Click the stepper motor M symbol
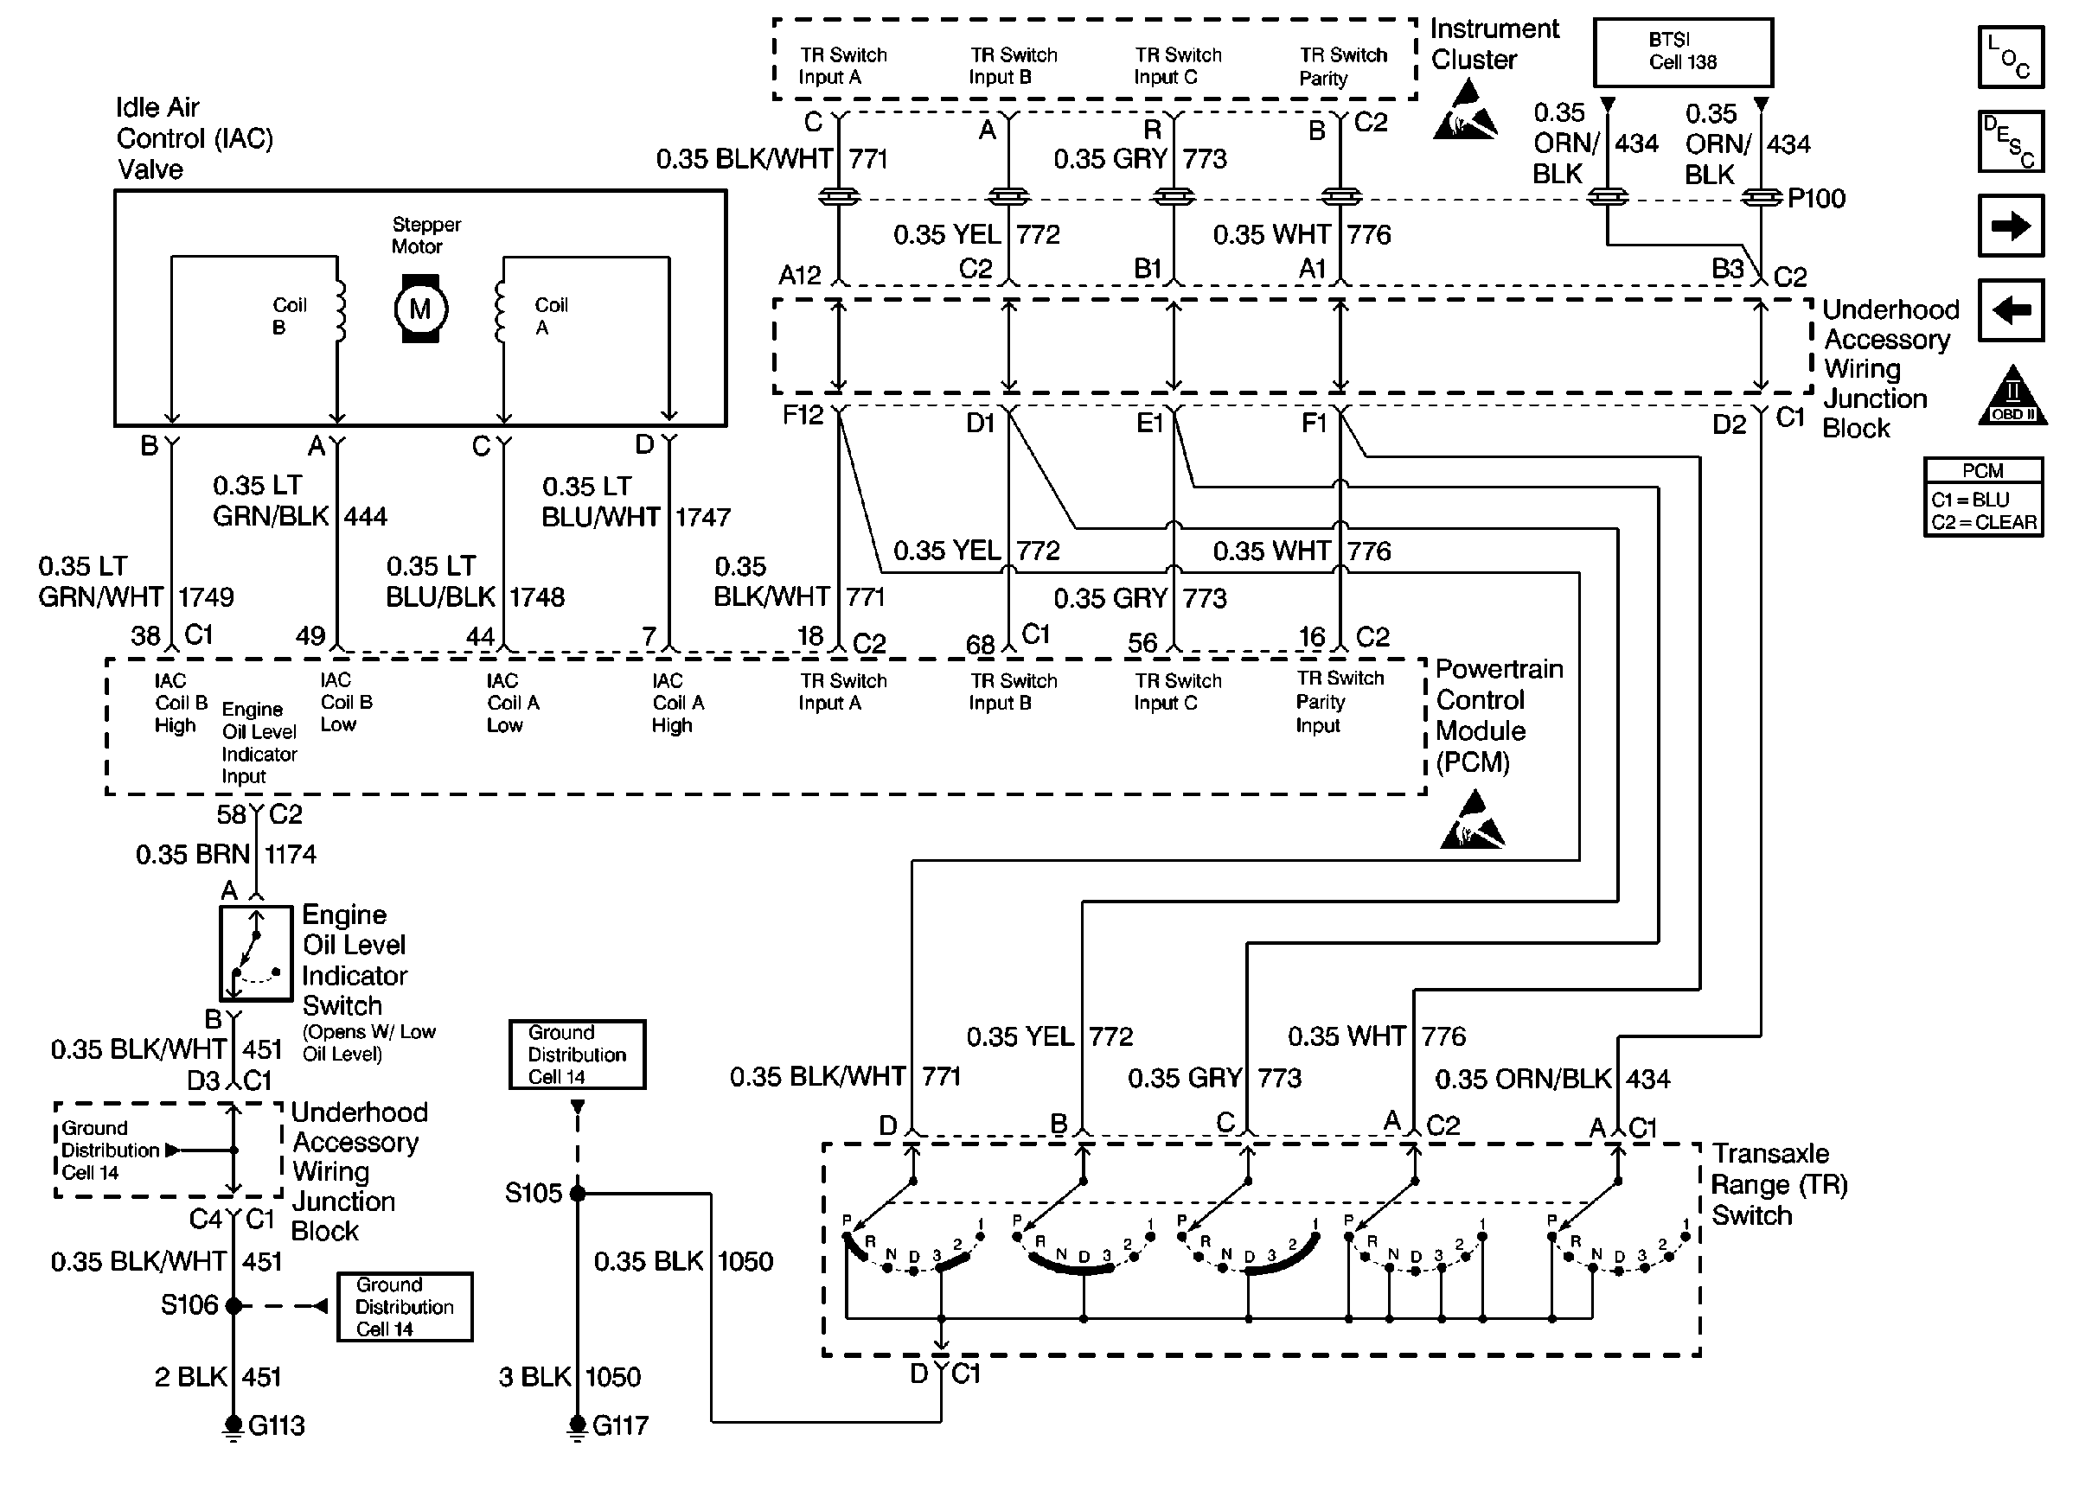click(x=419, y=309)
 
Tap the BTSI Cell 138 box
click(x=1682, y=52)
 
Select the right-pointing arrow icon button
click(x=2010, y=225)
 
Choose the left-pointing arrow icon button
click(x=2010, y=310)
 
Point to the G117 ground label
click(x=620, y=1424)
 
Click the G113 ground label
click(x=276, y=1424)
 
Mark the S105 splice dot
click(x=577, y=1194)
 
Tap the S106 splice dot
click(x=233, y=1306)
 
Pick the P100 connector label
click(x=1815, y=199)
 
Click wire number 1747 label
click(x=702, y=518)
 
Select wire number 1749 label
click(x=206, y=597)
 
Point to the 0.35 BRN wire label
click(x=192, y=854)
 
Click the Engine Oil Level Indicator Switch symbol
click(x=256, y=953)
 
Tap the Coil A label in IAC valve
click(x=551, y=316)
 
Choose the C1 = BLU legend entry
click(x=1970, y=500)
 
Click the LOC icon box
click(x=2010, y=57)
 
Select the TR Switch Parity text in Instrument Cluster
click(x=1343, y=66)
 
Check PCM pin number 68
click(x=980, y=644)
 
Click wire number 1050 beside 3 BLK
click(x=613, y=1376)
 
